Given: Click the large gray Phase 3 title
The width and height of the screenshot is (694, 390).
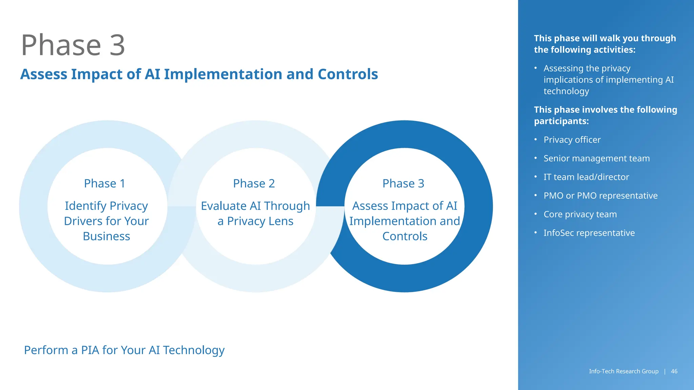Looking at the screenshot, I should pos(73,45).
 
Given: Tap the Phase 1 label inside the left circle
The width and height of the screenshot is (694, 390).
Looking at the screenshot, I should pos(104,183).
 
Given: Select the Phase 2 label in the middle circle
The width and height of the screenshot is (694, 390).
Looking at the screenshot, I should pos(254,183).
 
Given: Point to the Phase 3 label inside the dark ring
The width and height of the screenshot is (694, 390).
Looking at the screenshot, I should pos(403,183).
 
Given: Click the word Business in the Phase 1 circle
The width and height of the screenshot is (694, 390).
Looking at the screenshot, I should pos(106,236).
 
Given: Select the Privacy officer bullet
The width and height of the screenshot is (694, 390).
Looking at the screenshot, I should pos(572,140).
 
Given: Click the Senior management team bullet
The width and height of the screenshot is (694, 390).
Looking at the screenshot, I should pos(596,158).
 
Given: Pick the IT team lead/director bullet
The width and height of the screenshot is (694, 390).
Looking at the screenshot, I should pos(586,177).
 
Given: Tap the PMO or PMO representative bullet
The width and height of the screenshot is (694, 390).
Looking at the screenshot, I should pos(600,196).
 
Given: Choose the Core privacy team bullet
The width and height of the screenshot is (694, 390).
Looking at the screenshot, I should pos(580,214).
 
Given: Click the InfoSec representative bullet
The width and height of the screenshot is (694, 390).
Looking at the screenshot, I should pos(589,233).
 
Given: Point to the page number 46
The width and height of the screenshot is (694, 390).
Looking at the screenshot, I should pos(674,371).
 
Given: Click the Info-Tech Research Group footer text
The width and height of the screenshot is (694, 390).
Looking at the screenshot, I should pos(624,371).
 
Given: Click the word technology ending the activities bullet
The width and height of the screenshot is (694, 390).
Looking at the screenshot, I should pos(566,91).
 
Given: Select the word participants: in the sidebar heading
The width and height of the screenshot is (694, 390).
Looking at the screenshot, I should pos(561,121).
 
